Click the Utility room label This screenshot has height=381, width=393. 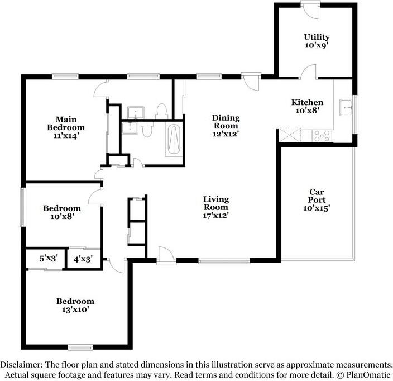click(316, 42)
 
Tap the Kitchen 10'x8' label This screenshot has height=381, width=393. click(307, 106)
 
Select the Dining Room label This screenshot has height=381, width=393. click(226, 126)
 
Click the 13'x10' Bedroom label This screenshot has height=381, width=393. click(75, 305)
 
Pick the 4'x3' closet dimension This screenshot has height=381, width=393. click(83, 259)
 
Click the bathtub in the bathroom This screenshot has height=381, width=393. click(174, 140)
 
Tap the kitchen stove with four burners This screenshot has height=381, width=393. click(322, 135)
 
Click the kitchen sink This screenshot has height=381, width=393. click(346, 106)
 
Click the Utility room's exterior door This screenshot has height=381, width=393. click(309, 8)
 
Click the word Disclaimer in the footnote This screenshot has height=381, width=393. click(25, 364)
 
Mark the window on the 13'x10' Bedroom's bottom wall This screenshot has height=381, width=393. click(80, 347)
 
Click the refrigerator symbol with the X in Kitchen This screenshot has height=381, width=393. click(290, 135)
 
